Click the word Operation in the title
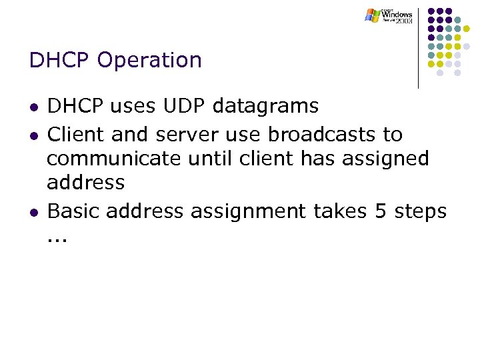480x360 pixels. click(149, 61)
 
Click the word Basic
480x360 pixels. click(74, 211)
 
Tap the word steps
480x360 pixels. click(419, 211)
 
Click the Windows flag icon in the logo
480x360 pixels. click(372, 15)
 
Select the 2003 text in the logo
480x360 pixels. click(403, 21)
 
